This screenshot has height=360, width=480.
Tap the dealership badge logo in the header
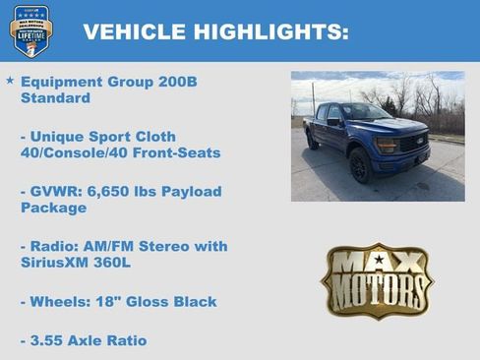point(31,30)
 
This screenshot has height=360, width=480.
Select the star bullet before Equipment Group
point(10,80)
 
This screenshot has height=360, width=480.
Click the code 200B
point(177,82)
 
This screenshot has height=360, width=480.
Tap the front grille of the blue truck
point(413,144)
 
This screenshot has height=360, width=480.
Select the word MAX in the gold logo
point(377,263)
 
